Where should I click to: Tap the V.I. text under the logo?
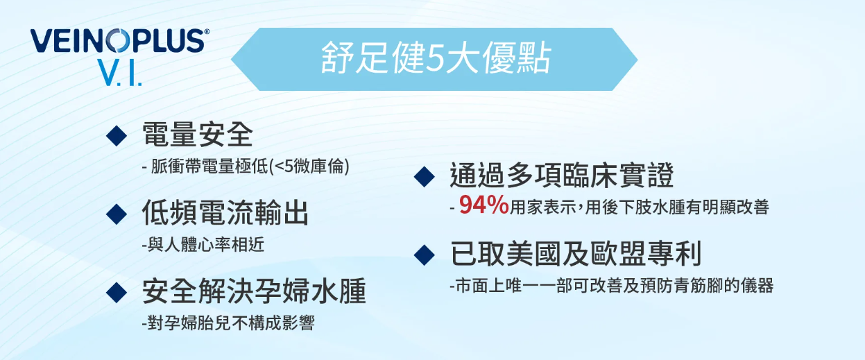pyautogui.click(x=120, y=72)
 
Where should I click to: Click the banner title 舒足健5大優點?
pyautogui.click(x=436, y=58)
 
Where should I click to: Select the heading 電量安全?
pyautogui.click(x=198, y=135)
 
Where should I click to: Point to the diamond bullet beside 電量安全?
pyautogui.click(x=117, y=135)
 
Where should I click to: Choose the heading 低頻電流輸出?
pyautogui.click(x=225, y=212)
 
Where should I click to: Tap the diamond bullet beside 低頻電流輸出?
pyautogui.click(x=117, y=214)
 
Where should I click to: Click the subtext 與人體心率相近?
pyautogui.click(x=203, y=244)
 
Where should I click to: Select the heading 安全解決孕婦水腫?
pyautogui.click(x=254, y=291)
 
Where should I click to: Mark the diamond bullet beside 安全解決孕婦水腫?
pyautogui.click(x=117, y=292)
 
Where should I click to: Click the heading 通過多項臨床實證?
pyautogui.click(x=562, y=175)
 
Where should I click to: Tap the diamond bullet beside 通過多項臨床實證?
pyautogui.click(x=424, y=177)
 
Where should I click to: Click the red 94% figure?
pyautogui.click(x=484, y=205)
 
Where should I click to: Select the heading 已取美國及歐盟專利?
pyautogui.click(x=576, y=253)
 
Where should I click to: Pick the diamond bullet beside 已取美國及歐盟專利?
pyautogui.click(x=424, y=255)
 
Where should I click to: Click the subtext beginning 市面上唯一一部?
pyautogui.click(x=612, y=286)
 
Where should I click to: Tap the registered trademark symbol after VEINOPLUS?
pyautogui.click(x=207, y=31)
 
